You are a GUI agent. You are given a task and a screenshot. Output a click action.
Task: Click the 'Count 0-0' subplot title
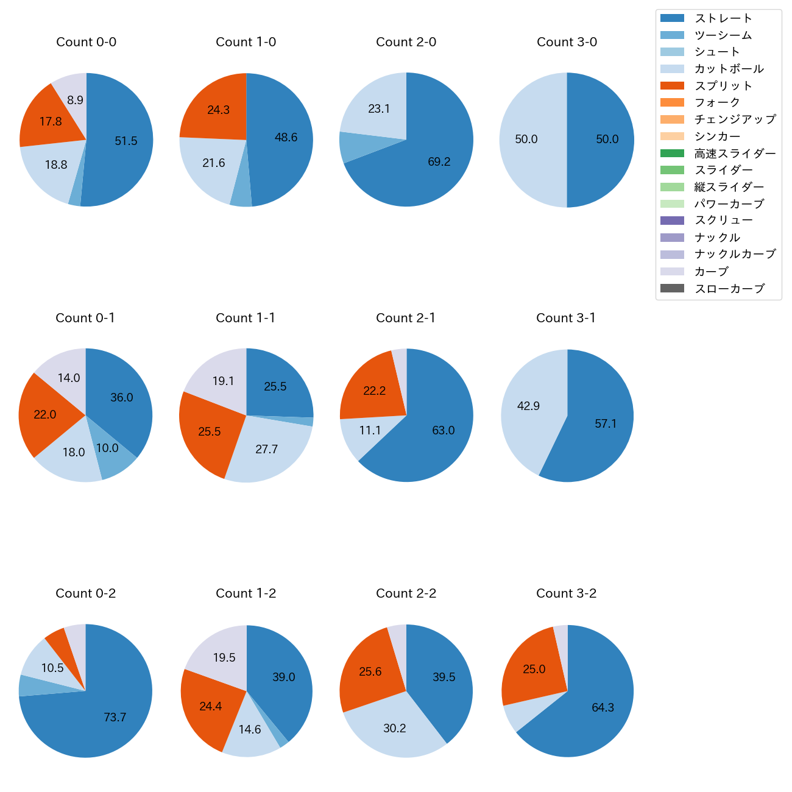click(x=86, y=42)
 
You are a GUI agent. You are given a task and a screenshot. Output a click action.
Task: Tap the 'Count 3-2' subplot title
click(x=566, y=593)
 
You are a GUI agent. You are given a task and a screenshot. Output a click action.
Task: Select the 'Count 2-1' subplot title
click(x=406, y=318)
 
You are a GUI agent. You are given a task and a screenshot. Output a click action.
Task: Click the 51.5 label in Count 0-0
click(x=126, y=141)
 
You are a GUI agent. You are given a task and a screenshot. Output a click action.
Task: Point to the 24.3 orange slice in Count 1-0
click(x=218, y=110)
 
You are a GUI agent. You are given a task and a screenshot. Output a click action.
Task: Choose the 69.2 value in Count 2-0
click(x=439, y=161)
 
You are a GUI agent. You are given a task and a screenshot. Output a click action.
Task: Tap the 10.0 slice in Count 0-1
click(x=107, y=448)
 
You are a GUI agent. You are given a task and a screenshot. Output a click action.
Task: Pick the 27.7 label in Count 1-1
click(x=267, y=449)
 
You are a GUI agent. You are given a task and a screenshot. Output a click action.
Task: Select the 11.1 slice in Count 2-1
click(x=370, y=431)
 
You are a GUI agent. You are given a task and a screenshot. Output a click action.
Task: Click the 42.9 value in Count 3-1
click(x=528, y=406)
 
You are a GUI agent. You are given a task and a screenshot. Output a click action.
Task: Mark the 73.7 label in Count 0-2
click(x=115, y=717)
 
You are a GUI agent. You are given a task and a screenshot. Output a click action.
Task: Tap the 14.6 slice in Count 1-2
click(x=250, y=729)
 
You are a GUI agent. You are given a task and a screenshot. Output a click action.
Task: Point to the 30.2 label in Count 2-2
click(x=395, y=728)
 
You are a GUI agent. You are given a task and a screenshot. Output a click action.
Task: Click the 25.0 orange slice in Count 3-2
click(x=534, y=669)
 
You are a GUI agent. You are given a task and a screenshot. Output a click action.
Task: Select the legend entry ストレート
click(x=723, y=18)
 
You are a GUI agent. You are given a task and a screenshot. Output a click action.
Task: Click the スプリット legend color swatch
click(x=672, y=86)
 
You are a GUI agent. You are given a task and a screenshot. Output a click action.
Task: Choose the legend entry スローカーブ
click(x=729, y=289)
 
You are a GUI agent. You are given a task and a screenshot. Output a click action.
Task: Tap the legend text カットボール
click(x=729, y=69)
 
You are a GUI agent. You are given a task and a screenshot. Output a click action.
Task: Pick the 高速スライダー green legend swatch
click(x=672, y=154)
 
